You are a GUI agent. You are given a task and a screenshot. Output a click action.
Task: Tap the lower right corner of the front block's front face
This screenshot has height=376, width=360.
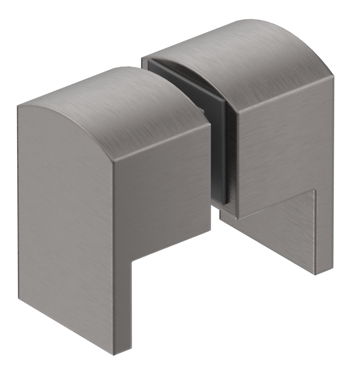click(x=210, y=230)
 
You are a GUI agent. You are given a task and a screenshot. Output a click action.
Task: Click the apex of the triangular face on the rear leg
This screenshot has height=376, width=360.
click(x=315, y=191)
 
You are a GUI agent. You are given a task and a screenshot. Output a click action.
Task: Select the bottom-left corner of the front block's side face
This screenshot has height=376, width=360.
click(x=19, y=299)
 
